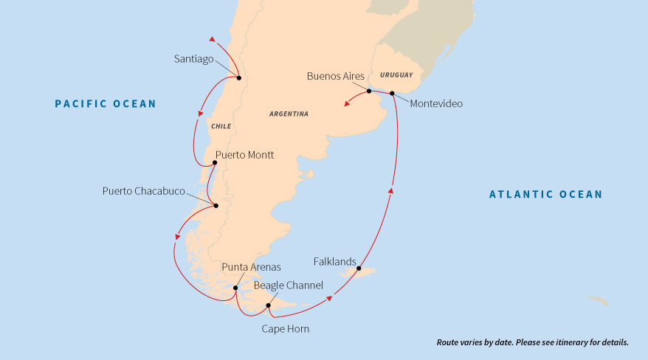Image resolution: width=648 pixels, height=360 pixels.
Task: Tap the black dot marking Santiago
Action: tap(238, 77)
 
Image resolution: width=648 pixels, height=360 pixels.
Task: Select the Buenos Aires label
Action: tap(336, 76)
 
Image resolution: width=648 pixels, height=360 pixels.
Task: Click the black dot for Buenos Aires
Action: tap(369, 91)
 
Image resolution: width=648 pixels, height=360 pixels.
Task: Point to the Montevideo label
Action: tap(435, 104)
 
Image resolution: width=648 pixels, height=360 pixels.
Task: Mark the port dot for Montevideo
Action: tap(392, 93)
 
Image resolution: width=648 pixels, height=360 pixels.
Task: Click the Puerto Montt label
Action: tap(244, 156)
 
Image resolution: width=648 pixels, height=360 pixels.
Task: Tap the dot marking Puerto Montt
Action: tap(214, 163)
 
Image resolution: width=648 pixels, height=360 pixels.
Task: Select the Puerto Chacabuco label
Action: tap(143, 192)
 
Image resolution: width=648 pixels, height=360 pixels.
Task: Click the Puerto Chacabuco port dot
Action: tap(215, 206)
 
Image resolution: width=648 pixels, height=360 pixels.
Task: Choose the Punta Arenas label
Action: tap(251, 266)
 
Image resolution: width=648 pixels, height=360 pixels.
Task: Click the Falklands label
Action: tap(335, 262)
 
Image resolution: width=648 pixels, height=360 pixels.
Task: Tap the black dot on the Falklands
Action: tap(359, 269)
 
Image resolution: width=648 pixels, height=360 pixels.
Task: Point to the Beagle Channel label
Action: tap(289, 284)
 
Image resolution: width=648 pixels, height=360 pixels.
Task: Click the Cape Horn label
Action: tap(285, 329)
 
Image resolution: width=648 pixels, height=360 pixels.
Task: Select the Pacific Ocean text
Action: tap(106, 104)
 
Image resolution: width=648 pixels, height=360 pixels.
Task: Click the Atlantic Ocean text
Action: tap(545, 195)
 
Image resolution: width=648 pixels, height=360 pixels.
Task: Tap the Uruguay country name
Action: tap(396, 75)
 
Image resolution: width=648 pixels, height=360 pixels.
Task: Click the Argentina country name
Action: tap(289, 114)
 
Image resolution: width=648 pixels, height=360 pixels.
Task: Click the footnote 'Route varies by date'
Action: tap(532, 343)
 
